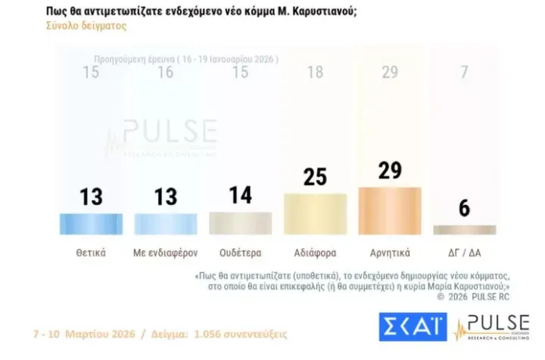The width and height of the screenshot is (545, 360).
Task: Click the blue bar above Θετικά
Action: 91,223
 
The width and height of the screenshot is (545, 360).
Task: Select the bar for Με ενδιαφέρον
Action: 166,223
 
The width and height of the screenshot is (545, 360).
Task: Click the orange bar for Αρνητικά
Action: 389,210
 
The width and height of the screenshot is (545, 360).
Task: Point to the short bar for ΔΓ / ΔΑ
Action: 464,229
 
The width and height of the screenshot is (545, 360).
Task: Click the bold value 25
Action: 315,177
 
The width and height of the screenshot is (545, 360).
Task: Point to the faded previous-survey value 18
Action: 315,73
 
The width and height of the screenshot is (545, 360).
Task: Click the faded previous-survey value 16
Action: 166,73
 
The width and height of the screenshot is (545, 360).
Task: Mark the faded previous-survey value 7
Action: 464,73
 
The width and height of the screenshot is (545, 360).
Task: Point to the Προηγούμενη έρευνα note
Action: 186,58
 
